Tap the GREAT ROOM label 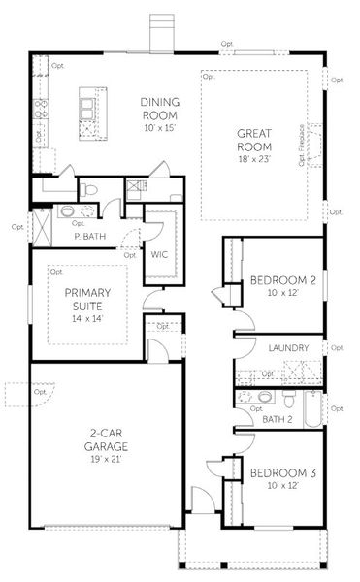pos(259,143)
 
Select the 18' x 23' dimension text pos(259,157)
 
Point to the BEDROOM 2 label pos(284,281)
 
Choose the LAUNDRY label pos(289,348)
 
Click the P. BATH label pos(89,236)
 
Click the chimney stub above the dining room pos(162,32)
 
